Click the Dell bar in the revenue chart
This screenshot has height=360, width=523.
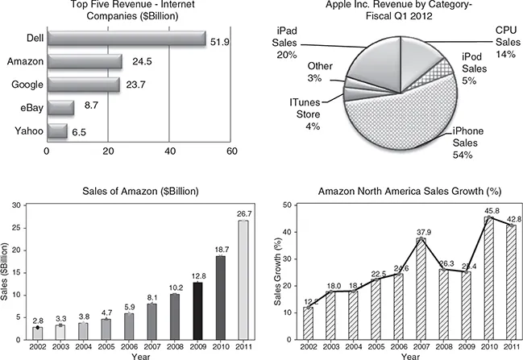125,38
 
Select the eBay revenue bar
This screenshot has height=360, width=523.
60,107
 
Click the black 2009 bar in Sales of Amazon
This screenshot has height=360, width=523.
198,310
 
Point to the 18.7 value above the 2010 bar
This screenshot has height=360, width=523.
221,250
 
